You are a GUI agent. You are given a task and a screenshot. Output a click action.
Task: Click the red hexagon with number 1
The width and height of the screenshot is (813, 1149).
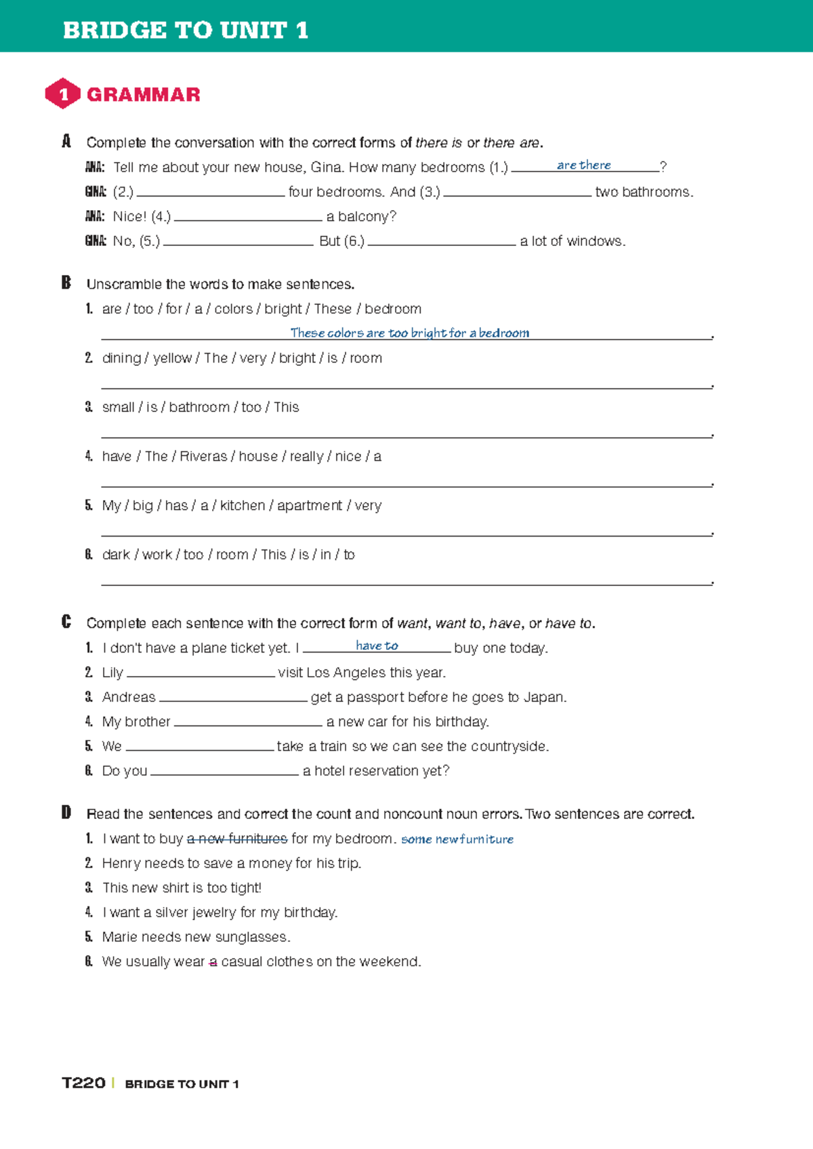pyautogui.click(x=62, y=93)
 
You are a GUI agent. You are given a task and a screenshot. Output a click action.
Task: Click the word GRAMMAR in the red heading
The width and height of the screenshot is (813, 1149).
pyautogui.click(x=144, y=94)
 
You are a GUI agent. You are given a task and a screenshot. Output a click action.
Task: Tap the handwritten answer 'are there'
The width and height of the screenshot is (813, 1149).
pyautogui.click(x=583, y=165)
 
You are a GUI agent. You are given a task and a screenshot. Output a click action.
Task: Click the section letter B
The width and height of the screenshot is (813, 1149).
pyautogui.click(x=66, y=283)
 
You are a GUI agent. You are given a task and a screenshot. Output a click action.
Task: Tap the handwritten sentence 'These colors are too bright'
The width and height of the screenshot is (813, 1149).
pyautogui.click(x=409, y=333)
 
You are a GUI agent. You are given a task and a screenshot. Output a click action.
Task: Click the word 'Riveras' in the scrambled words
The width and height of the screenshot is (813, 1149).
pyautogui.click(x=203, y=457)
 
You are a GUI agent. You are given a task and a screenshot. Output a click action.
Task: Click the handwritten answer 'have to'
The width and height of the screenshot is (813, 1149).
pyautogui.click(x=377, y=646)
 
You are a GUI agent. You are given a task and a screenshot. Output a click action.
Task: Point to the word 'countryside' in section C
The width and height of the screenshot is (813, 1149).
pyautogui.click(x=507, y=746)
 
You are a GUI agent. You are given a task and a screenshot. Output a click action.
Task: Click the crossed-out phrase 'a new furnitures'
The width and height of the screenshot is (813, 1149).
pyautogui.click(x=237, y=839)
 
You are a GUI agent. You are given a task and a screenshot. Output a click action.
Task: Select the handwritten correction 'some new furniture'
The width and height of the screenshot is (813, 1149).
pyautogui.click(x=457, y=839)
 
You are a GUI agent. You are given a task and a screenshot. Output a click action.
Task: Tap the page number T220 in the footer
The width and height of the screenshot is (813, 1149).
pyautogui.click(x=83, y=1083)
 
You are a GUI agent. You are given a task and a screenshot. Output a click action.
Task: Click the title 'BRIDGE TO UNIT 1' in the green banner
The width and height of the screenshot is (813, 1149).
pyautogui.click(x=186, y=30)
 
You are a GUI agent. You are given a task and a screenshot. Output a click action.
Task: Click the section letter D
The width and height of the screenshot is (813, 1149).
pyautogui.click(x=66, y=813)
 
